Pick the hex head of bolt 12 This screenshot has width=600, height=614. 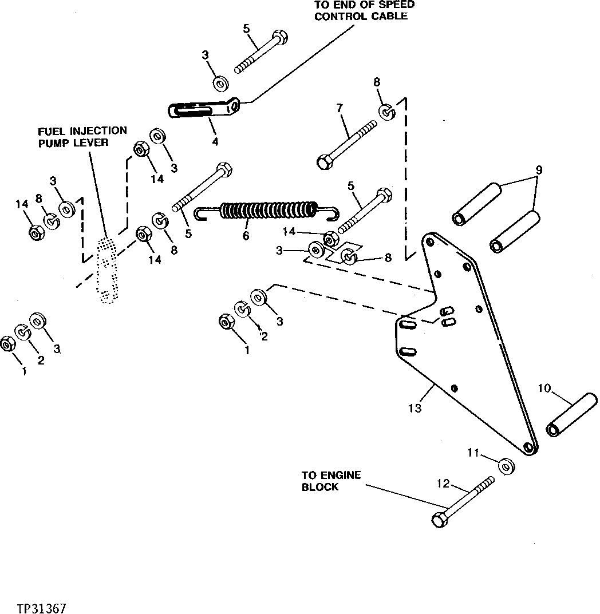coord(439,520)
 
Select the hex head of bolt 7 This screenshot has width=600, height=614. coord(323,162)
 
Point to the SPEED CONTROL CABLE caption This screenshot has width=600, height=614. coord(364,10)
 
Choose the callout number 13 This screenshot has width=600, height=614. coord(415,408)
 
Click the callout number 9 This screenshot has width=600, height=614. coord(539,170)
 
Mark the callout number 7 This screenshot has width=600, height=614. coord(339,108)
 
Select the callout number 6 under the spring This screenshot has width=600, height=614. coord(246,235)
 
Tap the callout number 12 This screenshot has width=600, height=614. coord(443,484)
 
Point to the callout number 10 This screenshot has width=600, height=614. coord(544,389)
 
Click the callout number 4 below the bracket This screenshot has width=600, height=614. coord(215,141)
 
